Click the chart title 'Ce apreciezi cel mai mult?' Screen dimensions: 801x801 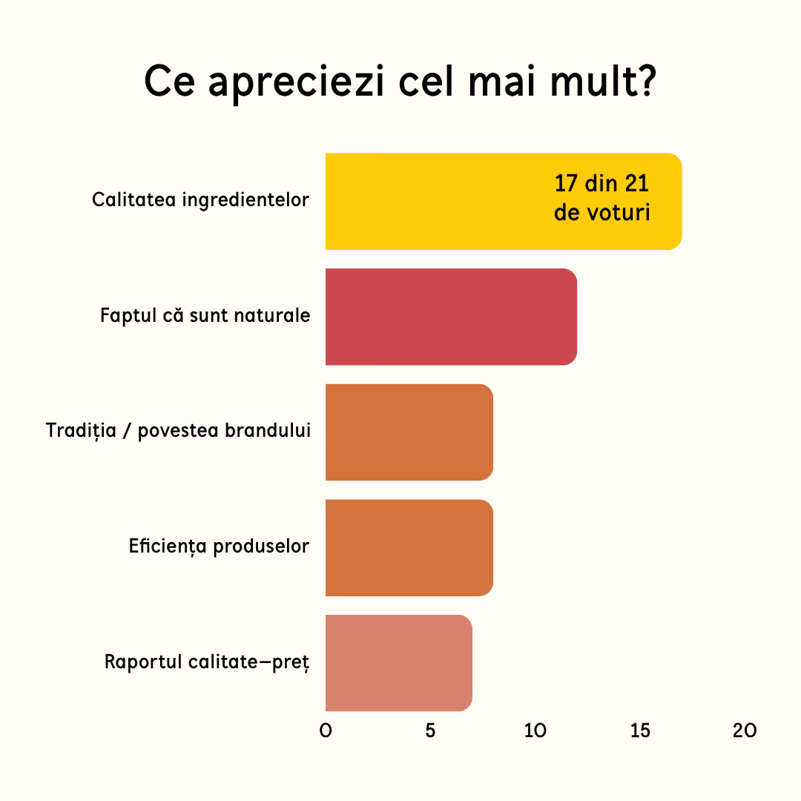400,82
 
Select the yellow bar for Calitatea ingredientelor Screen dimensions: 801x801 504,201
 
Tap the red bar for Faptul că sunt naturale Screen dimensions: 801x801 451,317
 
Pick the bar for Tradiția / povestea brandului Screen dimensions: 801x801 409,432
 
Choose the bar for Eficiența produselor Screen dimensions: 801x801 409,547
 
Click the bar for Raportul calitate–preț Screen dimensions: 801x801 399,663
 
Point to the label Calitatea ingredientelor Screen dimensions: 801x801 201,200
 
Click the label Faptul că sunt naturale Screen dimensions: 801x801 205,315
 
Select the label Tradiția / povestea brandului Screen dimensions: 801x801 178,431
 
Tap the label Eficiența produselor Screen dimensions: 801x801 219,546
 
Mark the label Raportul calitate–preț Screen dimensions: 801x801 207,662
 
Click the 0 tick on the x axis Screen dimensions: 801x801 326,731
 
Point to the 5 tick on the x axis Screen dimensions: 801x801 430,731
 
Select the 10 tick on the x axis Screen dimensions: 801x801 535,731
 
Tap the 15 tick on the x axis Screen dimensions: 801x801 640,731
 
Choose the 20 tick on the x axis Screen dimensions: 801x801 745,731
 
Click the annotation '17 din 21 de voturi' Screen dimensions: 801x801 601,198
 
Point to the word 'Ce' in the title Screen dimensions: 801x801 170,81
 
